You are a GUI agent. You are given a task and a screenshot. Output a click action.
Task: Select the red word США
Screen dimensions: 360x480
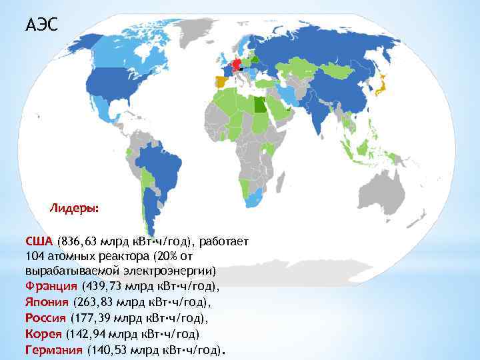pyautogui.click(x=39, y=241)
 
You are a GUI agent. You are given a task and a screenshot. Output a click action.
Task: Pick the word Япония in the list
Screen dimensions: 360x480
pyautogui.click(x=47, y=301)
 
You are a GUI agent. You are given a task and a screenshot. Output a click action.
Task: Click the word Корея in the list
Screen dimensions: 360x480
pyautogui.click(x=43, y=333)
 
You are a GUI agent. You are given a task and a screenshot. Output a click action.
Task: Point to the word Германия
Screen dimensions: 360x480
pyautogui.click(x=54, y=349)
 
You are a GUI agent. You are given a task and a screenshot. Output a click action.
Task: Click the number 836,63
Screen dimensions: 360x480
pyautogui.click(x=79, y=241)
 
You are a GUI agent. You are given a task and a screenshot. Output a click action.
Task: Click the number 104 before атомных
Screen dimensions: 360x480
pyautogui.click(x=34, y=256)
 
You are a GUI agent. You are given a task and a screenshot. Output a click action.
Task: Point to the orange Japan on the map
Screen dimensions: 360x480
pyautogui.click(x=379, y=85)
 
